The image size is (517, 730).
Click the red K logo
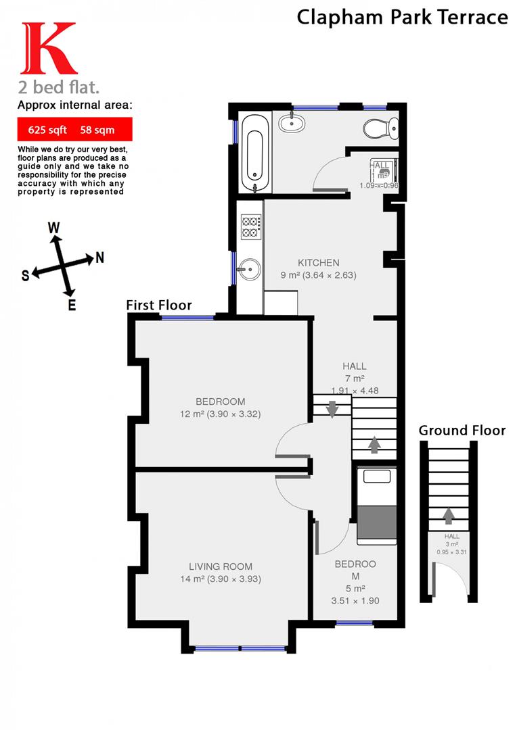click(48, 49)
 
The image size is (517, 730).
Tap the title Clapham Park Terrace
click(402, 17)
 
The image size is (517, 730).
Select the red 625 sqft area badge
click(74, 128)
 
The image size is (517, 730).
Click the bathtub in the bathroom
click(254, 153)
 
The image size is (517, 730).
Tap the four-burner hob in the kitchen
click(251, 226)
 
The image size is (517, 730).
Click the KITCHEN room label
click(319, 263)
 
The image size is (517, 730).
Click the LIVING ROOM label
click(221, 566)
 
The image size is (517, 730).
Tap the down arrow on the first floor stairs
click(332, 408)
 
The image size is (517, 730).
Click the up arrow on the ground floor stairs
click(448, 516)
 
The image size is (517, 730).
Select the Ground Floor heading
click(462, 431)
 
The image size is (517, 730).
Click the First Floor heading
click(159, 306)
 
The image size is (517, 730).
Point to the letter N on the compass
click(99, 257)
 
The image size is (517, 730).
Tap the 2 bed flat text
click(60, 87)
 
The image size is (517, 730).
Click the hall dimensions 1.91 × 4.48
click(354, 390)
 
